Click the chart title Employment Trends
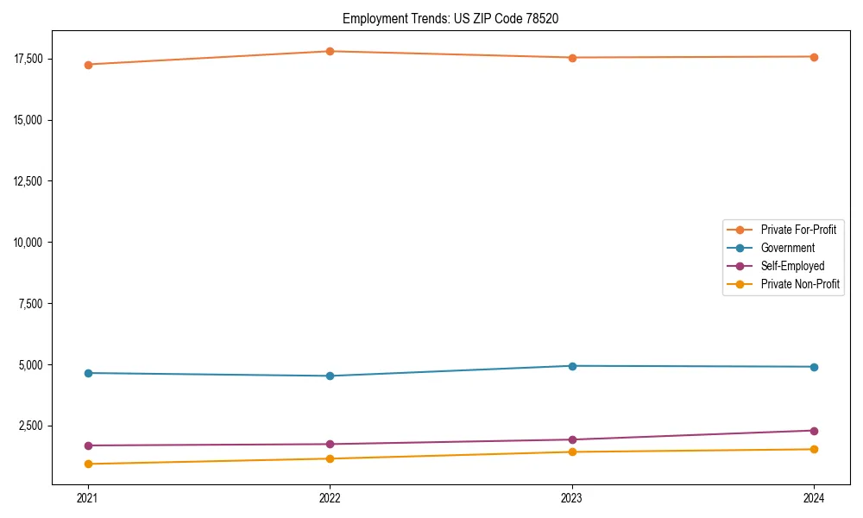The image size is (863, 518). [450, 18]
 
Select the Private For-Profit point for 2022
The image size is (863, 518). [330, 51]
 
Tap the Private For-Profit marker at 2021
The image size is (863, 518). [88, 65]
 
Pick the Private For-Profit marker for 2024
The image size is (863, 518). [814, 57]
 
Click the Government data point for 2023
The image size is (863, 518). [572, 366]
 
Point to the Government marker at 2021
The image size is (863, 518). [88, 373]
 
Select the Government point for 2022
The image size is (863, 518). [330, 376]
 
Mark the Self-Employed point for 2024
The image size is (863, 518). [814, 431]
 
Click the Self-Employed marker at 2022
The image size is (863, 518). [330, 444]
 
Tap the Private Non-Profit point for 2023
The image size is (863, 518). [572, 452]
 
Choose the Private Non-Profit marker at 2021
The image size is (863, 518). [88, 464]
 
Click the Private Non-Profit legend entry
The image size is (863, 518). [799, 284]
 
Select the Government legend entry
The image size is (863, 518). [787, 248]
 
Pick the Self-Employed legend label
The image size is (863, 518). [792, 266]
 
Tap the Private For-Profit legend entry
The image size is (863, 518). [797, 230]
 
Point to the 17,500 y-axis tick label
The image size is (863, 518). [28, 59]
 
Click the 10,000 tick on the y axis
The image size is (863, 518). [28, 243]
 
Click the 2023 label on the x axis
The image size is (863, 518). [572, 497]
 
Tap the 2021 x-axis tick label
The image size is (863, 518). [88, 497]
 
